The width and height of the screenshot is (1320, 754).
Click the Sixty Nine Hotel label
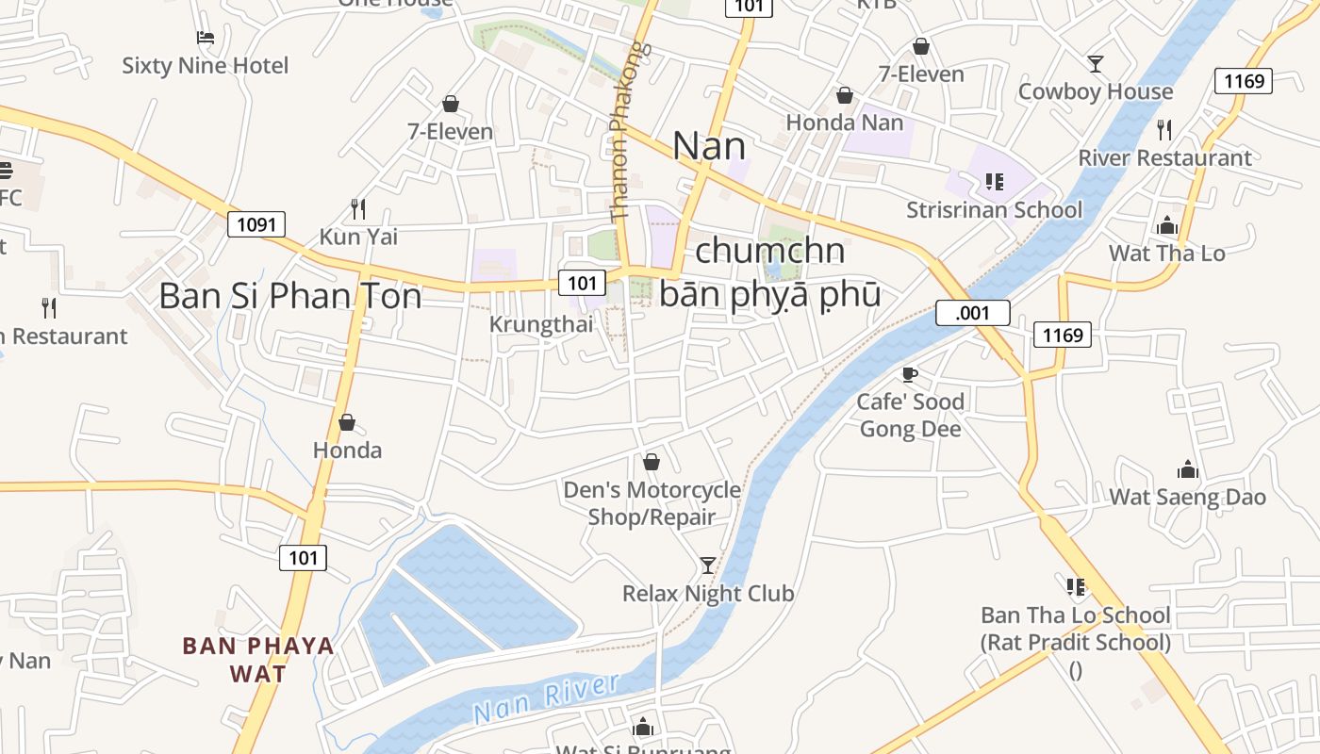point(205,66)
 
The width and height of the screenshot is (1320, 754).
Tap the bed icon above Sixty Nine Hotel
point(205,38)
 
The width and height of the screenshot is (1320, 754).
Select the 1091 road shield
point(256,224)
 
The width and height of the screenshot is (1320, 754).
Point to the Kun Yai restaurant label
point(358,237)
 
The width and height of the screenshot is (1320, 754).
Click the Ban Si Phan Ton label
point(289,296)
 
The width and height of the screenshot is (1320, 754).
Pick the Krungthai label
point(541,324)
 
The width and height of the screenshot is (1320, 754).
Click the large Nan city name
point(709,146)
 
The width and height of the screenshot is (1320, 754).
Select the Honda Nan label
point(844,123)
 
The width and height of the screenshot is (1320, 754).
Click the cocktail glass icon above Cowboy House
point(1095,64)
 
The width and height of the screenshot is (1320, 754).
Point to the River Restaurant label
point(1164,157)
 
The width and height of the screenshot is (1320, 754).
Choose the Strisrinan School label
point(994,209)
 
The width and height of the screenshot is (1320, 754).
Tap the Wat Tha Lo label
point(1166,253)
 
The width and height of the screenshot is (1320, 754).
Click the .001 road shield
point(972,313)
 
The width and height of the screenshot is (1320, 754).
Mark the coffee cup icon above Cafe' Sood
point(910,375)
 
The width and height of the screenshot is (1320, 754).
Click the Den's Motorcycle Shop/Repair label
point(652,503)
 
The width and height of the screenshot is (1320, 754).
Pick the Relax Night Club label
point(708,594)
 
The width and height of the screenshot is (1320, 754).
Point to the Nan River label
point(546,698)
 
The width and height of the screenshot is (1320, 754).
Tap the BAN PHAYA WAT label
point(258,660)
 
